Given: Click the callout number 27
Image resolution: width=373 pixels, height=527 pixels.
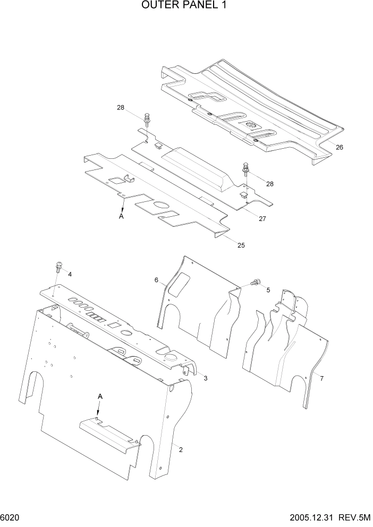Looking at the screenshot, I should pos(262,218).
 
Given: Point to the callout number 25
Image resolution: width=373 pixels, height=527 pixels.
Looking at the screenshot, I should pos(241,245).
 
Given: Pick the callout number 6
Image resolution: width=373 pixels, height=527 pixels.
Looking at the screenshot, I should pos(157,280).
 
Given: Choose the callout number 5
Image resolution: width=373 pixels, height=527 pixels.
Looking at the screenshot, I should pos(268,290).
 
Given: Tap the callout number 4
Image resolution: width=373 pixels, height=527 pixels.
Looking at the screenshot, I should pos(70,274).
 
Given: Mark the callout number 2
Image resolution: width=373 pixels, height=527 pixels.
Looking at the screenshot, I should pos(181,450).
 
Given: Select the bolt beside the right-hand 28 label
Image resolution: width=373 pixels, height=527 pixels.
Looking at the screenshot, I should pos(245,168).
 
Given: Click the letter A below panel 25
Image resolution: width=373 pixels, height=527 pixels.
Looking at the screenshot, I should pos(122,217).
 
